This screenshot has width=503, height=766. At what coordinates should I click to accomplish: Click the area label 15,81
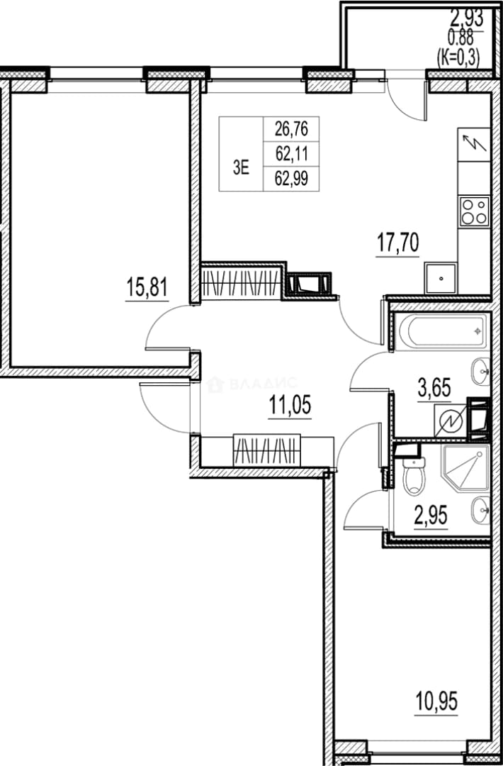[147, 287]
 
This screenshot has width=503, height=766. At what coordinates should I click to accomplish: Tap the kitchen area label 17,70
[397, 243]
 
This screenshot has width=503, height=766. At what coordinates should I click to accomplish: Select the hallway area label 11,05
[290, 405]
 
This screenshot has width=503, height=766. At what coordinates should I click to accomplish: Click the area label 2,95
[431, 515]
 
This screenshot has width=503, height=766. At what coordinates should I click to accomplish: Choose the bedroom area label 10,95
[436, 702]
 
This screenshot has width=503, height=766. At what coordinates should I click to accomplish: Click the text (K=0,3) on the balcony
[458, 58]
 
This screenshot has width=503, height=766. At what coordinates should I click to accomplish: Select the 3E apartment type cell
[241, 168]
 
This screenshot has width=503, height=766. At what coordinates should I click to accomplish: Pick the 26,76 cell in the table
[291, 130]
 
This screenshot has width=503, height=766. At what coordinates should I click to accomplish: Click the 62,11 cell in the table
[291, 155]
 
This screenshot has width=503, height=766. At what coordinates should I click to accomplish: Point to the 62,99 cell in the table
[291, 179]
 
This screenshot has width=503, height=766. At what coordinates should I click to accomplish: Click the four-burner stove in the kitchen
[474, 211]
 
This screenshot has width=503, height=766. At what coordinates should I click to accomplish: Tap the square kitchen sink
[441, 279]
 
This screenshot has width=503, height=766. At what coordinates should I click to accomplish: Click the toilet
[414, 476]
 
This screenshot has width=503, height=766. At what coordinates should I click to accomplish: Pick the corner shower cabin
[465, 467]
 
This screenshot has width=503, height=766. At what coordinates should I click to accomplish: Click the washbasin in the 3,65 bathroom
[480, 371]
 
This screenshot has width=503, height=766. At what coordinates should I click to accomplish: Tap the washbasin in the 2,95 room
[480, 511]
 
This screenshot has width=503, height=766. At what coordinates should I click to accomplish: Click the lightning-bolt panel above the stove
[474, 144]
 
